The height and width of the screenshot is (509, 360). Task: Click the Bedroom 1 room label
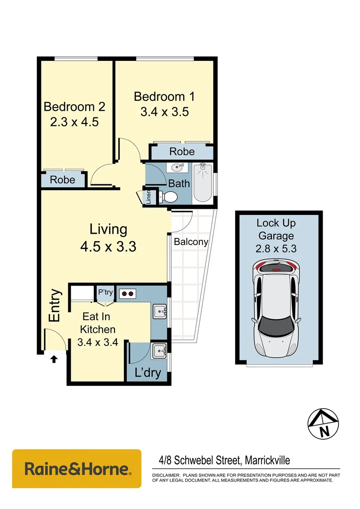(164, 97)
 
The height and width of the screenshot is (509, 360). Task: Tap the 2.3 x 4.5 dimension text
(74, 122)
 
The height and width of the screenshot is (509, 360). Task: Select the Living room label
(108, 230)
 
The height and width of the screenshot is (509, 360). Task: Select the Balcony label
(191, 242)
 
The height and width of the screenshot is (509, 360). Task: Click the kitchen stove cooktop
(127, 294)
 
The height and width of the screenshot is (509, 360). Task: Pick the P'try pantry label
(105, 293)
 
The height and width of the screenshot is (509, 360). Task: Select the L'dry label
(147, 373)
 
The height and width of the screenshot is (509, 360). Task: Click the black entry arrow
(54, 359)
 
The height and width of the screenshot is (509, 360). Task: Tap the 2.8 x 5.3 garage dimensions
(276, 249)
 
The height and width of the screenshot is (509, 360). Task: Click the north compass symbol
(323, 423)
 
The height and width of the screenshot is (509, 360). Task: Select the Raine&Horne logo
(76, 469)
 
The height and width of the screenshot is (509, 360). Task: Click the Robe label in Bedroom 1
(182, 152)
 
